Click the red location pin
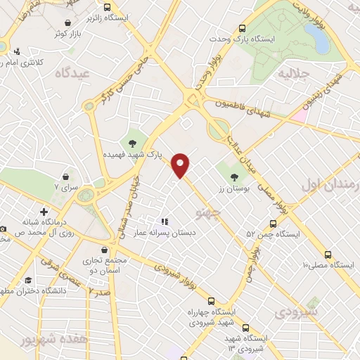tap(181, 165)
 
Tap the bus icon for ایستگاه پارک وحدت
tap(243, 29)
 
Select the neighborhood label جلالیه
tap(293, 72)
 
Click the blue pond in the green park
tap(320, 41)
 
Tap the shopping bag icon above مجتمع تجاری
tap(104, 250)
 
